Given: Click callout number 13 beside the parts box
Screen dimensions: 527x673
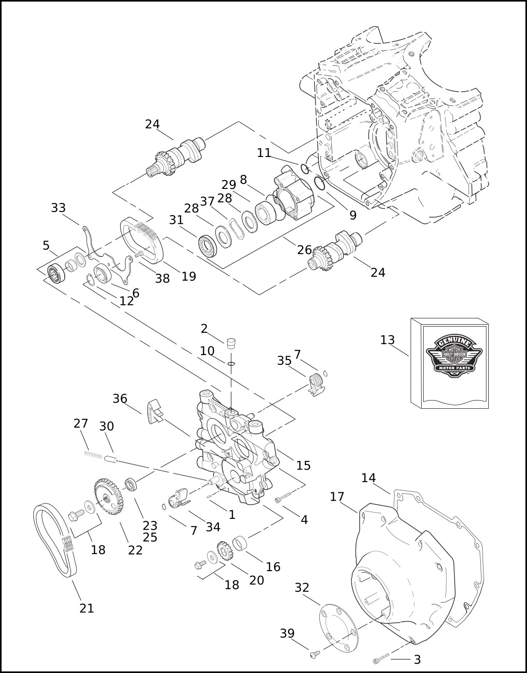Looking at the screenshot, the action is tap(387, 340).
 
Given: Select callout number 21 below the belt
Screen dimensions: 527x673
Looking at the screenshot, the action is tap(86, 608).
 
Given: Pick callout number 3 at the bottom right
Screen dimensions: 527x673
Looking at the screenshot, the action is tap(417, 659).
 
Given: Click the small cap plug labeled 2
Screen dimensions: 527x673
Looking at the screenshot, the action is tap(230, 343).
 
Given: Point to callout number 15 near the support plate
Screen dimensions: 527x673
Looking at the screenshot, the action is tap(303, 465).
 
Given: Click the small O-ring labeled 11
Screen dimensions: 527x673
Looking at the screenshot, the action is tap(305, 169).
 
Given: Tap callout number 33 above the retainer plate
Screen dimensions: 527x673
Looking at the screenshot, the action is tap(58, 208).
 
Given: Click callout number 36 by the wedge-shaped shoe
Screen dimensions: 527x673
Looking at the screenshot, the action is tap(119, 399).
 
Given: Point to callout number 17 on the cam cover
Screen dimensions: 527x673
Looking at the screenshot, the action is tap(337, 497).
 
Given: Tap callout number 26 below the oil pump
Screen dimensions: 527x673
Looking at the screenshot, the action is tap(304, 250).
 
